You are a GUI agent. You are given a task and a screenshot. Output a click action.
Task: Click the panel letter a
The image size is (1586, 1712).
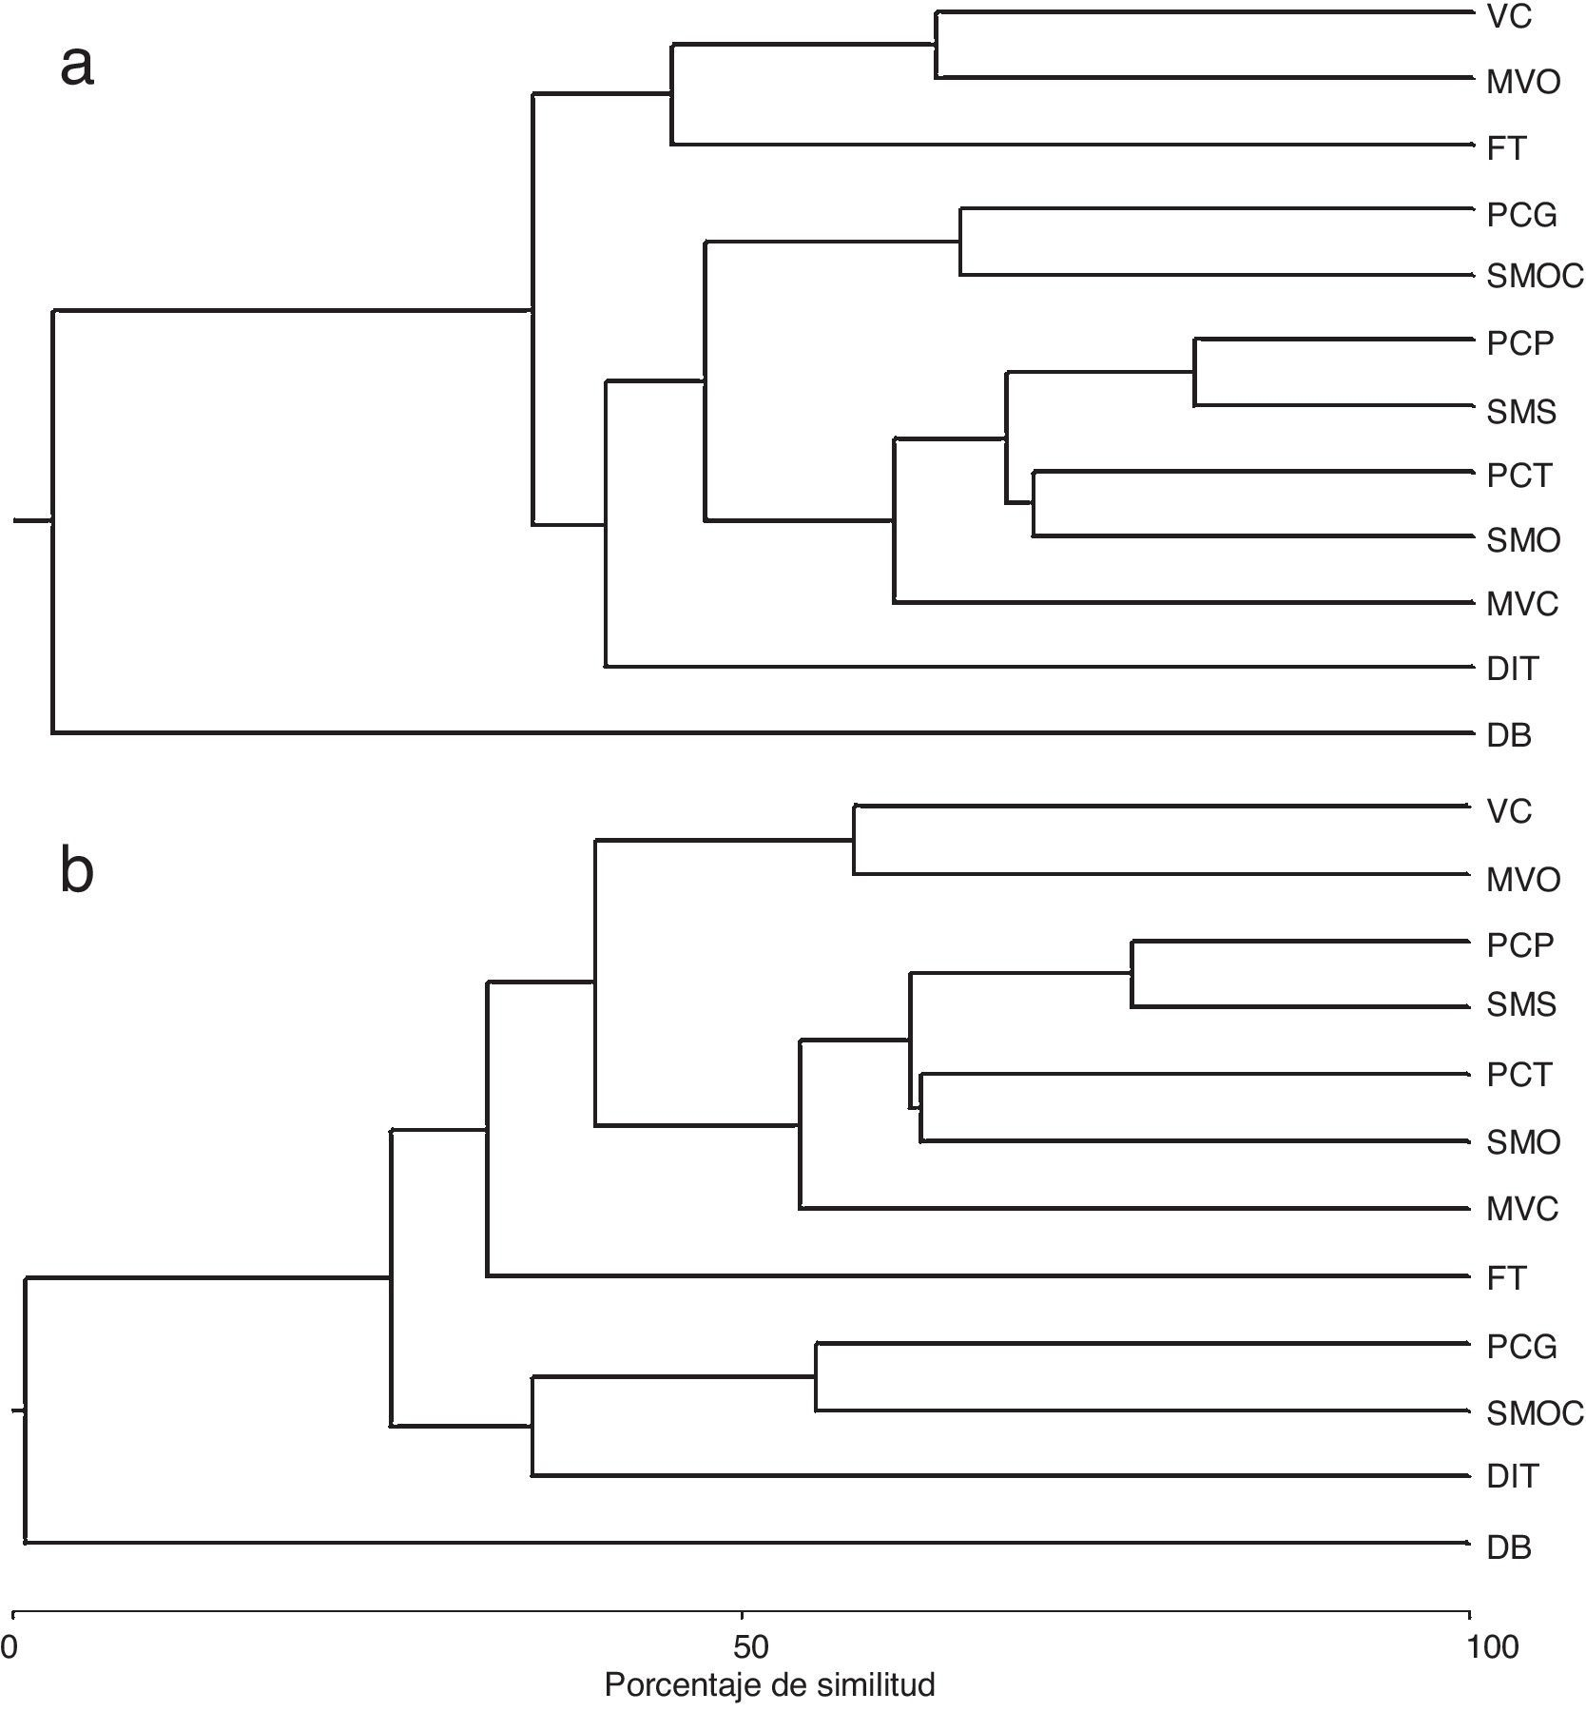(x=77, y=67)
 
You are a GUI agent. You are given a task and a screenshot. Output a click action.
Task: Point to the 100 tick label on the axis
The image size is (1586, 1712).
(x=1492, y=1647)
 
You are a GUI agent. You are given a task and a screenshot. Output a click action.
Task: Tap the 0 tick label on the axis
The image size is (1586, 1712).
(x=9, y=1647)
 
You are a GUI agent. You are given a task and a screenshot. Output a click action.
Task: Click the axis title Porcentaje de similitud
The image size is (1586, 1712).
(x=769, y=1684)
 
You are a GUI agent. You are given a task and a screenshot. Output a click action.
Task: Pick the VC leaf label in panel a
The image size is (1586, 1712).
(x=1509, y=17)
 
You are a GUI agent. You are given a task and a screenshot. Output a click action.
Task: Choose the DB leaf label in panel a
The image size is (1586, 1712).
(x=1509, y=735)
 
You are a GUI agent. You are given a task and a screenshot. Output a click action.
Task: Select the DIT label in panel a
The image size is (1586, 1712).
(x=1512, y=669)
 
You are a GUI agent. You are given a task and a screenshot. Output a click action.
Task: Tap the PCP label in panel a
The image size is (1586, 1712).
(x=1519, y=343)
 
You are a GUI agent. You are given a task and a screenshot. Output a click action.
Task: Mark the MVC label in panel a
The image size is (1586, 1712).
(x=1522, y=604)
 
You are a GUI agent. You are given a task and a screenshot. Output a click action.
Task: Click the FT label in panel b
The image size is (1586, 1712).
(x=1506, y=1278)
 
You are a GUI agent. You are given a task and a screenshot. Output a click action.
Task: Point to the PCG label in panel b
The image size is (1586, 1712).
(x=1521, y=1347)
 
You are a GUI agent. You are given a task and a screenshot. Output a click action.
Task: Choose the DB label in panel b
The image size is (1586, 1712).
(x=1509, y=1547)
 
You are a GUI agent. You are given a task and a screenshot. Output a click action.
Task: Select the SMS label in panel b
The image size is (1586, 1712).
(x=1521, y=1004)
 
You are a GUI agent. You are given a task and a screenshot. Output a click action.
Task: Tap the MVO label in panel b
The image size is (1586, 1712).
(x=1523, y=880)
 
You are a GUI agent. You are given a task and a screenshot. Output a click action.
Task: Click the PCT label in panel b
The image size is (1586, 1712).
(x=1518, y=1075)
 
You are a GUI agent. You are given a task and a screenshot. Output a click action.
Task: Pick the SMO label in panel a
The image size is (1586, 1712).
(x=1523, y=540)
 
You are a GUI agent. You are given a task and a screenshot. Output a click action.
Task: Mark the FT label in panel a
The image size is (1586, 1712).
(x=1506, y=148)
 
